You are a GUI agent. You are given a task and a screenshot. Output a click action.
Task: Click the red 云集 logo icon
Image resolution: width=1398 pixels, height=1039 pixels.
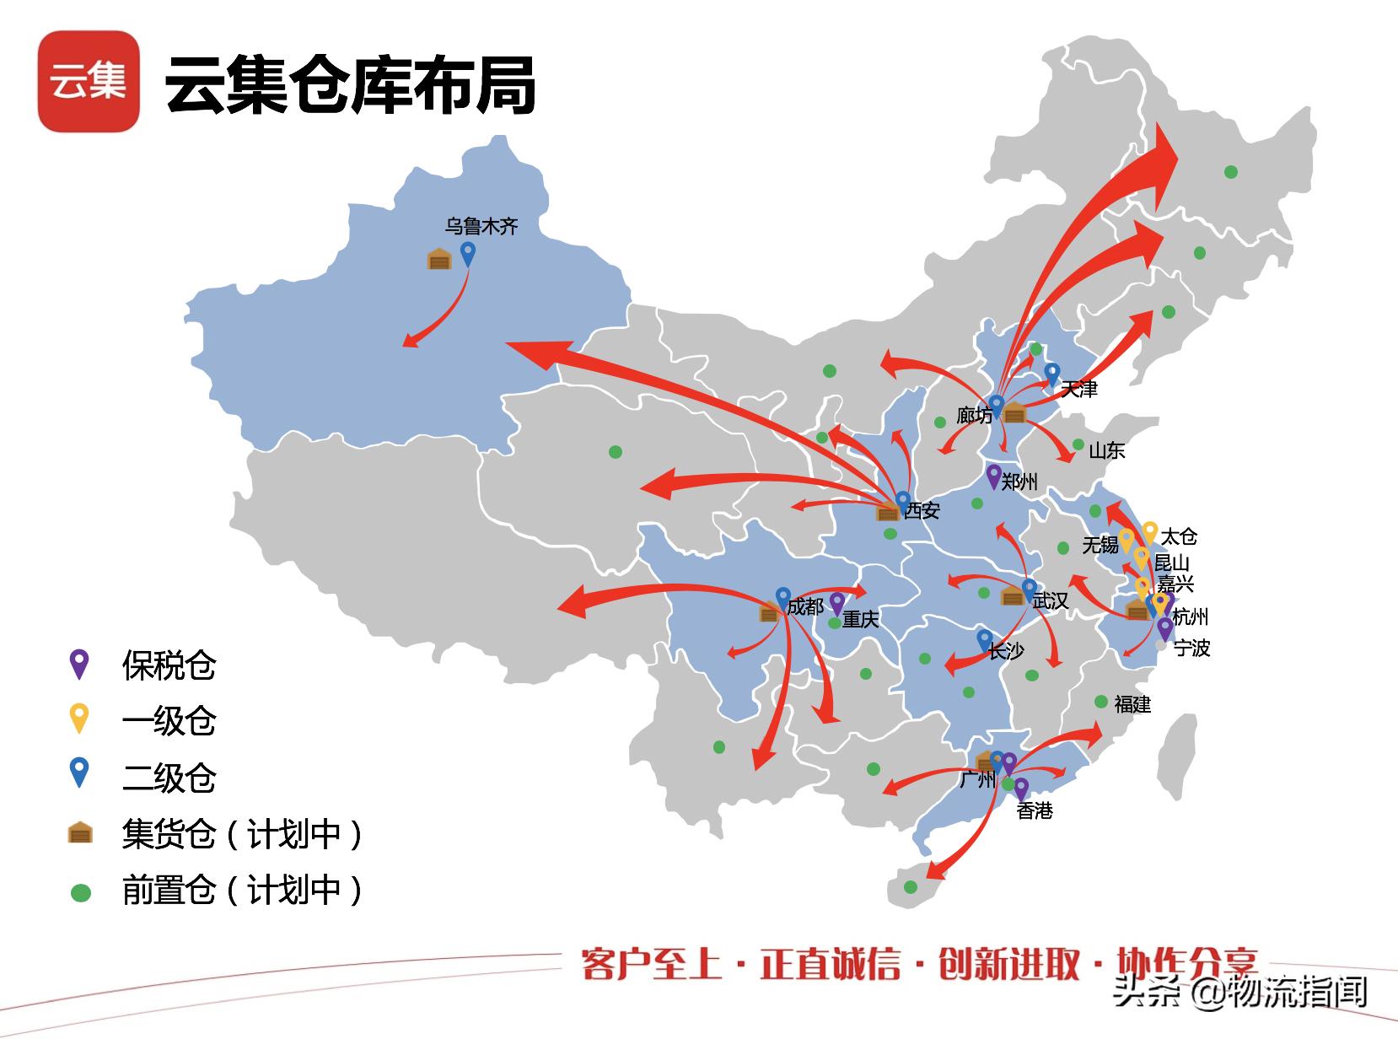(x=89, y=81)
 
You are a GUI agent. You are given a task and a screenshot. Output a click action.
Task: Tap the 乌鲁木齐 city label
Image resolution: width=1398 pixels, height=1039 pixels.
(x=481, y=226)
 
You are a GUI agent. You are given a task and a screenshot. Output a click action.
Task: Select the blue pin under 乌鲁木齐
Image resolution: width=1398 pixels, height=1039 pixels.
(x=467, y=252)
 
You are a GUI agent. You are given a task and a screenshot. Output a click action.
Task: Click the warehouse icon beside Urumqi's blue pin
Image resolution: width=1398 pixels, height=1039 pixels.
(x=439, y=259)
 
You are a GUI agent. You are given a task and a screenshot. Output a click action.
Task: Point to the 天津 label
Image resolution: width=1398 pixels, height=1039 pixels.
(x=1079, y=390)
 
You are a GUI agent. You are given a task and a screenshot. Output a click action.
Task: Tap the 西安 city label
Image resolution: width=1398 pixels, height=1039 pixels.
(x=922, y=510)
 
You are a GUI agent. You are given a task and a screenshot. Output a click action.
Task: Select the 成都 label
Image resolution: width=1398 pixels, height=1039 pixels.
(x=805, y=606)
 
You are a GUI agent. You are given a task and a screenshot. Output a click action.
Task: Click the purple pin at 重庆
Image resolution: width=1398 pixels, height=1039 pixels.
(x=836, y=602)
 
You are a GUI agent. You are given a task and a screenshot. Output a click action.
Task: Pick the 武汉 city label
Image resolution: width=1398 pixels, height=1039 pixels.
(x=1051, y=600)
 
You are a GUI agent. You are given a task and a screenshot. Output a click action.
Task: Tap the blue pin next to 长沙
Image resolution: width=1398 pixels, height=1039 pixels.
(x=984, y=639)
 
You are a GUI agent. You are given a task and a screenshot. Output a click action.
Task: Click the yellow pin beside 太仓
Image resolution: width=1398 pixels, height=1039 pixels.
(x=1149, y=531)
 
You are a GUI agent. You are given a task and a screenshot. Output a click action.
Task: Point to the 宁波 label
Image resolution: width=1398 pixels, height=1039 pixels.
(x=1191, y=648)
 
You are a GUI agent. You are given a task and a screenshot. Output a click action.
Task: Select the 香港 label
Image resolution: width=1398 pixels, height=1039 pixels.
(x=1035, y=810)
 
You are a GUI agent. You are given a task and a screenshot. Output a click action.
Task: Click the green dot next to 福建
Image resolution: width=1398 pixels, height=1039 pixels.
(x=1101, y=702)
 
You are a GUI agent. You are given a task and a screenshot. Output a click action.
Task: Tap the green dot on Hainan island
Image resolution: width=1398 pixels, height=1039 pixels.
(x=911, y=887)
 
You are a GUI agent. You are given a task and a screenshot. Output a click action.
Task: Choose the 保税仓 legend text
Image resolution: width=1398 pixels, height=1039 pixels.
(x=169, y=665)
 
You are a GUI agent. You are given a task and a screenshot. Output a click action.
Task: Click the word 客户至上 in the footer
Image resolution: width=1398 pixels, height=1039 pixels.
(x=651, y=964)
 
